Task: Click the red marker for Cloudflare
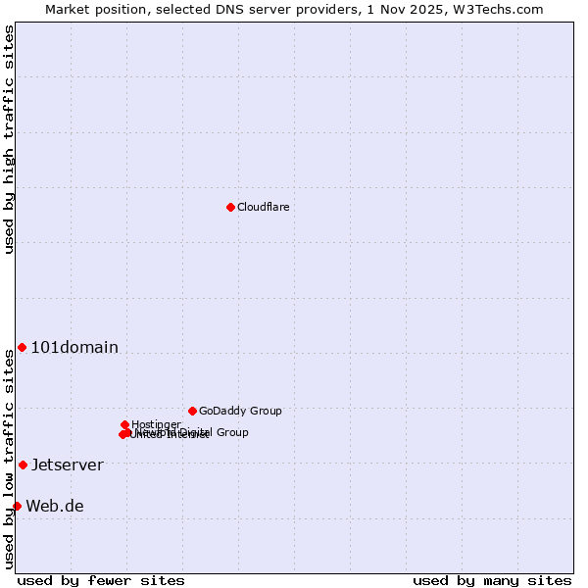coord(230,207)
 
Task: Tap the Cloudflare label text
coord(263,207)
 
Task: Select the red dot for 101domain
coord(22,347)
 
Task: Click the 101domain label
coord(74,347)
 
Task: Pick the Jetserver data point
coord(23,465)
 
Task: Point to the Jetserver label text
coord(67,465)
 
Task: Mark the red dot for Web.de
coord(17,506)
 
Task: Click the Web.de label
coord(55,506)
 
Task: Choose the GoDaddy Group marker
coord(192,411)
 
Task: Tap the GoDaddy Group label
coord(240,411)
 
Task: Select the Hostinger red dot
coord(124,424)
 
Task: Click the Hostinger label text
coord(156,424)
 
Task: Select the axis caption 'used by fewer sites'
coord(101,580)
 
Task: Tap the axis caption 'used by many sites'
coord(491,580)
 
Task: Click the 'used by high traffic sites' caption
coord(9,139)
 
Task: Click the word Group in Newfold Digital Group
coord(232,432)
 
